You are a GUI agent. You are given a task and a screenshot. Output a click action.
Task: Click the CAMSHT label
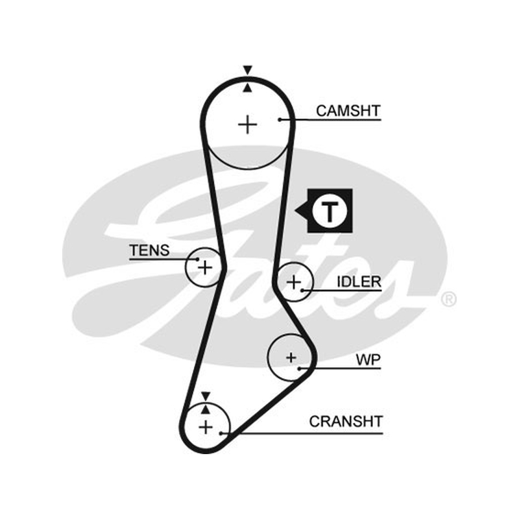[348, 110]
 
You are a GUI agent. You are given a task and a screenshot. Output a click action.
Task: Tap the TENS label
[149, 250]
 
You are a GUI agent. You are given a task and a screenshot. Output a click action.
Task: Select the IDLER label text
[359, 282]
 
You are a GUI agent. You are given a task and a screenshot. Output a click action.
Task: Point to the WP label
[368, 359]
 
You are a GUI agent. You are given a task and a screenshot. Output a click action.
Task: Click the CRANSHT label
[346, 421]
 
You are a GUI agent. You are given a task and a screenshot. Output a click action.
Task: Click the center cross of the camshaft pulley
[248, 125]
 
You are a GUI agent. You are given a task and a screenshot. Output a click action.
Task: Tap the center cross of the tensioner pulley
[205, 267]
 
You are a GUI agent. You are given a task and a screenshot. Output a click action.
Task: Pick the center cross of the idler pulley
[294, 282]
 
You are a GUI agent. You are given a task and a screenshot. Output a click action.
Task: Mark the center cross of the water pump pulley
[291, 357]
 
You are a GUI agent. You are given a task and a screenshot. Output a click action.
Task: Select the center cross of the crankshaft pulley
[206, 427]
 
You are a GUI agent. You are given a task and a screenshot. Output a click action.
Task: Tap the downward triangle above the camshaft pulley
[248, 69]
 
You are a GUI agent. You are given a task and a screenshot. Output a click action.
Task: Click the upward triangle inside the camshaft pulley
[248, 88]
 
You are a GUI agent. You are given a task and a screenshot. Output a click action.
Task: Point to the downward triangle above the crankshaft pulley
[206, 396]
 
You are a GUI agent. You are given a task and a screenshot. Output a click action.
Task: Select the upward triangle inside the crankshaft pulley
[206, 410]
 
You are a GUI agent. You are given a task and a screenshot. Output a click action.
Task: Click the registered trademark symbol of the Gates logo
[448, 300]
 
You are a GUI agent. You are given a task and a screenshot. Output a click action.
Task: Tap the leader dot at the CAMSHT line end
[280, 119]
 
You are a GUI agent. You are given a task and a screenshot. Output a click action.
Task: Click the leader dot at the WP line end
[299, 368]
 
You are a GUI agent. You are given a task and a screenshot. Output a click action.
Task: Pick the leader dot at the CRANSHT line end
[221, 433]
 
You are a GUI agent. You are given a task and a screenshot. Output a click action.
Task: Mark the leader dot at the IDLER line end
[302, 291]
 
